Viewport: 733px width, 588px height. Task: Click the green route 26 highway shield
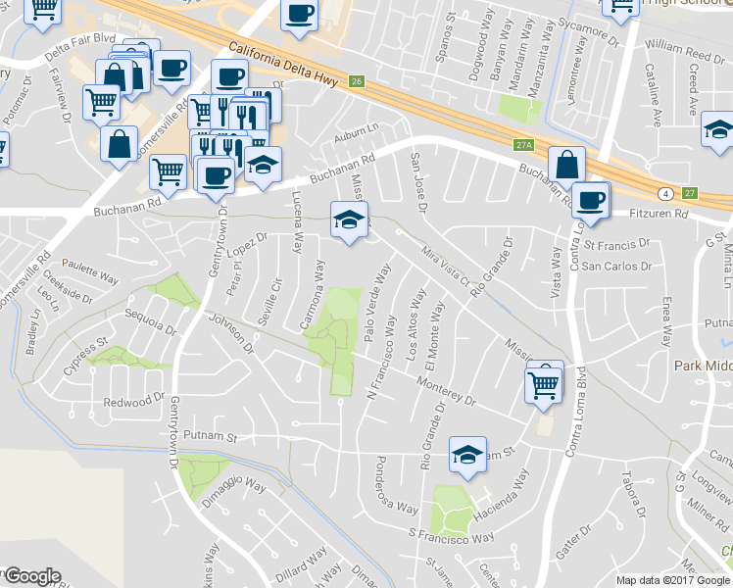tap(357, 81)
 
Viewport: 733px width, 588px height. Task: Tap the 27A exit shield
tap(523, 145)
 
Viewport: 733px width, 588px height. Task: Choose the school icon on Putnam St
tap(466, 454)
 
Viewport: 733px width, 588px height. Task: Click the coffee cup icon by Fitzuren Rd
tap(590, 200)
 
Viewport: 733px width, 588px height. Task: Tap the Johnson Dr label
tap(233, 334)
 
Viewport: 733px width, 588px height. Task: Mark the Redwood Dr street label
tap(134, 400)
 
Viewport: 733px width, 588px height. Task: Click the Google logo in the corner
tap(31, 576)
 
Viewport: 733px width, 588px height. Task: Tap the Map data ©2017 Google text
tap(673, 580)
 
